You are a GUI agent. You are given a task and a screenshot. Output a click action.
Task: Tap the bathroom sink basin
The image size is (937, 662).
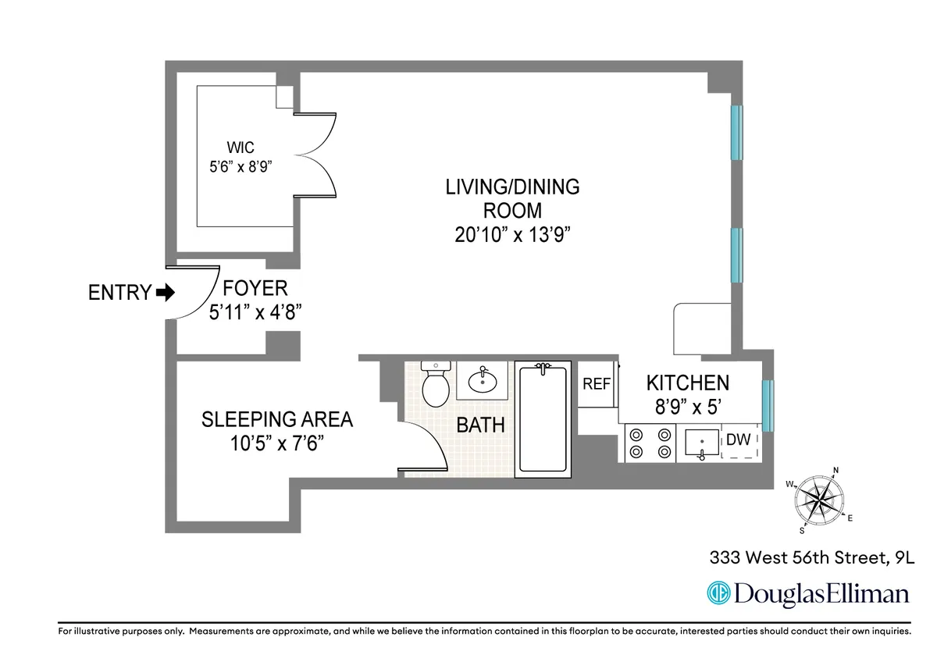[482, 382]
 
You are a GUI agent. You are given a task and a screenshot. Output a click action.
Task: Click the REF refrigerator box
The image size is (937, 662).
[597, 384]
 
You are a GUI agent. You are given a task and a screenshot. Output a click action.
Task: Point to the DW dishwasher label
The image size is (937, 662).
[738, 440]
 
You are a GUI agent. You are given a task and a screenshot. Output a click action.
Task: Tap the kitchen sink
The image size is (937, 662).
[701, 443]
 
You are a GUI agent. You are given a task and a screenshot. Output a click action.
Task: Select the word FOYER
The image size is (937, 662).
[255, 288]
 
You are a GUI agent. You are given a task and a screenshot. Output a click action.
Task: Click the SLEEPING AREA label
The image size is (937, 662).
[277, 419]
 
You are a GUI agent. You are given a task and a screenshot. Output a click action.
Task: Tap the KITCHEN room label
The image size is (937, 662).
[687, 383]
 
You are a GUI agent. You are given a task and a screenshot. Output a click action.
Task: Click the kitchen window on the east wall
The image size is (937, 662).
[767, 405]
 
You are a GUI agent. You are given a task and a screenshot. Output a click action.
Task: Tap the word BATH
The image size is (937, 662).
[480, 425]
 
